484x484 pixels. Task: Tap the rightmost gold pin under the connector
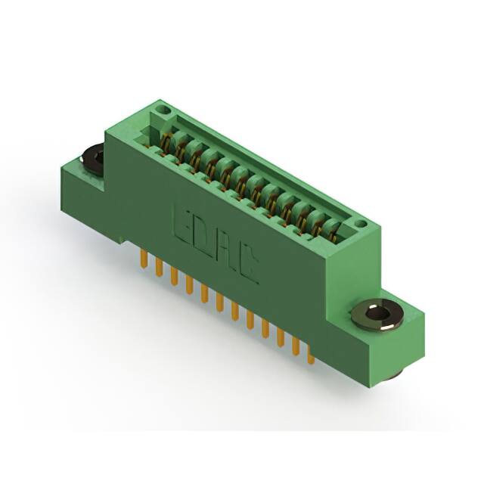click(x=310, y=355)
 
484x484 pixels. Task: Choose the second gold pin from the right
click(x=296, y=345)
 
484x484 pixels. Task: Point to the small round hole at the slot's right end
click(x=361, y=224)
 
